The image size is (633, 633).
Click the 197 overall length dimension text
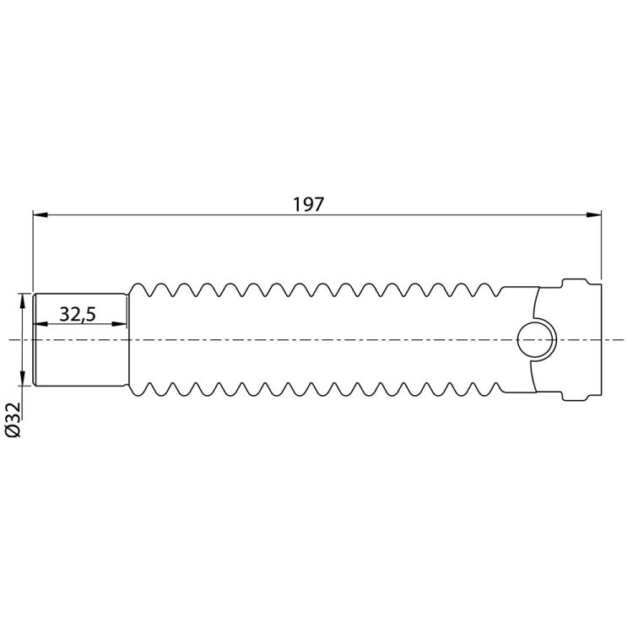(x=308, y=204)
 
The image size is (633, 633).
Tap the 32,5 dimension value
(x=78, y=314)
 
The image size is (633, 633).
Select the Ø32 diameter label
(x=13, y=419)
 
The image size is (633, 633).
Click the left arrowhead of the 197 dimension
(x=41, y=214)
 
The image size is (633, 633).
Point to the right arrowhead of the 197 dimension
(x=594, y=214)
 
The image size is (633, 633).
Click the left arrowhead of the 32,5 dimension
(x=41, y=324)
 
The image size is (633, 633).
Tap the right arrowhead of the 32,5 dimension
(x=119, y=324)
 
